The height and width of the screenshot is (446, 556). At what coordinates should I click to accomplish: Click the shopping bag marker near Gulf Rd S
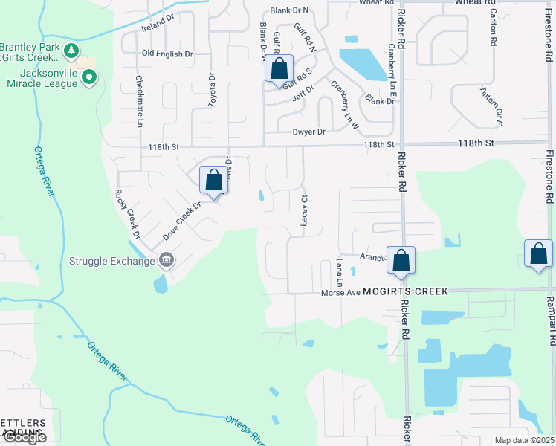(x=279, y=68)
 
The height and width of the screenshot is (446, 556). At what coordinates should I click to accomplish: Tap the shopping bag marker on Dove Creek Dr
(x=213, y=180)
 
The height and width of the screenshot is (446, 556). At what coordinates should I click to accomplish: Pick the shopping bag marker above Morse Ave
(x=401, y=260)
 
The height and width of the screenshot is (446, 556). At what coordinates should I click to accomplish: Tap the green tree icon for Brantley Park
(x=71, y=51)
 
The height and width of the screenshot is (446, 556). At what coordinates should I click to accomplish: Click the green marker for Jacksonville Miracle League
(x=89, y=77)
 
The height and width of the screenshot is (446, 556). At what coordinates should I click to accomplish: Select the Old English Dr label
(x=167, y=54)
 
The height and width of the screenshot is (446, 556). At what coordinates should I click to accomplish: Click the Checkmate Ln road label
(x=139, y=100)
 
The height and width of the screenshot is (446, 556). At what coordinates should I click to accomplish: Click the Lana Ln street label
(x=338, y=273)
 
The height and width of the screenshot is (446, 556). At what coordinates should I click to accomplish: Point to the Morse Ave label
(x=340, y=292)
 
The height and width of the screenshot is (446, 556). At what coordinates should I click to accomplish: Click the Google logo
(x=24, y=437)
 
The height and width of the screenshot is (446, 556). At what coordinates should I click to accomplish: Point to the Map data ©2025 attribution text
(x=523, y=440)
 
